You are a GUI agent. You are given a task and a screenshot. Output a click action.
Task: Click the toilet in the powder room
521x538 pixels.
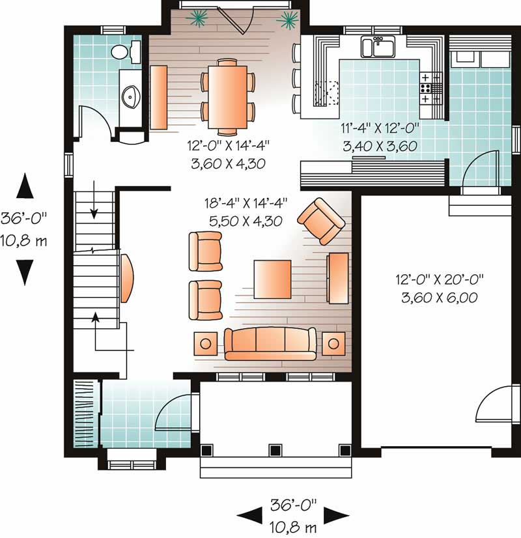121,51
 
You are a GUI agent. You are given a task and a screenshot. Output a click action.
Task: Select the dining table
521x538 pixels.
227,95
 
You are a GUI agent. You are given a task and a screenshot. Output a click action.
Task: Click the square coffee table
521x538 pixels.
273,278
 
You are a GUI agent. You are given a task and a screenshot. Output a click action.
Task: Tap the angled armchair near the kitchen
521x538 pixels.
321,220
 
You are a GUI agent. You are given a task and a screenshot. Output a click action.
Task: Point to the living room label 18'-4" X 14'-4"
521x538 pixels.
245,213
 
